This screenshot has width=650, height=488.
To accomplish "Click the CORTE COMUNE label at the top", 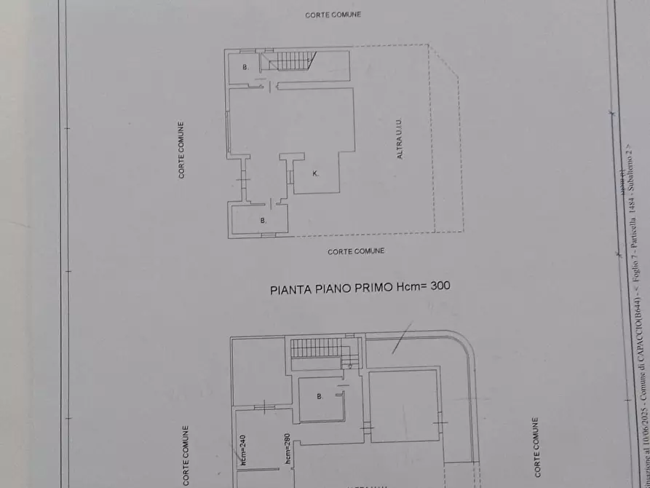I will click(333, 15).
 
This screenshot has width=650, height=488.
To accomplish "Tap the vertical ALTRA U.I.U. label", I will click(400, 140).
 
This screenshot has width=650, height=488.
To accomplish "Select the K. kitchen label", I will click(315, 173).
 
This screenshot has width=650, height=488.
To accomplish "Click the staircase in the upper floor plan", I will click(290, 60).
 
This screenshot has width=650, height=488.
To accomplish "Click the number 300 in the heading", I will click(439, 286).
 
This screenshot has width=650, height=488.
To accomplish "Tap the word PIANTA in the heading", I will click(288, 288).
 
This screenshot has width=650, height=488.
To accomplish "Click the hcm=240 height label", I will click(243, 449).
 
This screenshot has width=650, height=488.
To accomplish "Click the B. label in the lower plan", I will click(319, 397).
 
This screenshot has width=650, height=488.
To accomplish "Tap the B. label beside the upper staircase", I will click(245, 68).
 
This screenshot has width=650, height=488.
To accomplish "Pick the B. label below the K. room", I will click(263, 220).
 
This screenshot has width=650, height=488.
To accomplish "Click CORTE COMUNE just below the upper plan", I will click(356, 251).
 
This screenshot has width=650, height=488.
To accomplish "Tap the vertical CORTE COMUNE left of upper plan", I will click(182, 150).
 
